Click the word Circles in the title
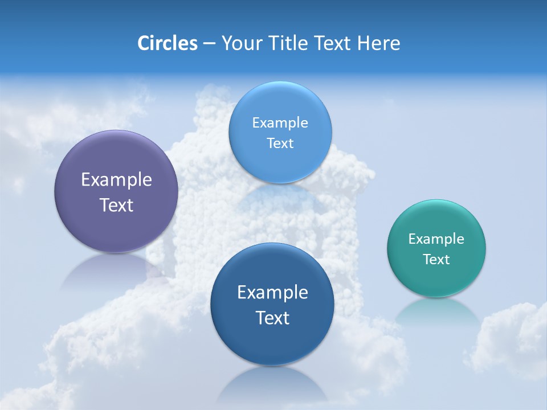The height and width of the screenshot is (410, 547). [x=168, y=43]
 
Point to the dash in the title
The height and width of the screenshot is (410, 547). [x=209, y=44]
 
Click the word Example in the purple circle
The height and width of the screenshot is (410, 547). [x=116, y=180]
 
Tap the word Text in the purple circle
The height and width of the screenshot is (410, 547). [x=116, y=205]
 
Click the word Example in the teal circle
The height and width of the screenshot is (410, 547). [x=436, y=239]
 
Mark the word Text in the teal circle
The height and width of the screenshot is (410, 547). [x=436, y=260]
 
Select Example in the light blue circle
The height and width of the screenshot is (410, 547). [x=280, y=123]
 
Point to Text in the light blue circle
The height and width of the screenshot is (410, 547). [x=280, y=143]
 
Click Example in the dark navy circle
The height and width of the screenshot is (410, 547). [x=272, y=293]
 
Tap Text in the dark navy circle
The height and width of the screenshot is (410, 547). [x=272, y=318]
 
